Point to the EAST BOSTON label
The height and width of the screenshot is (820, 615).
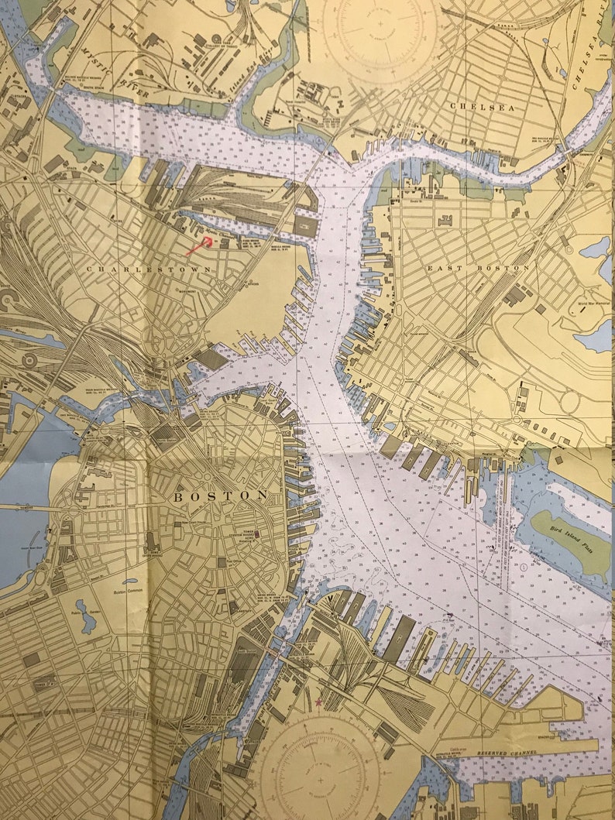click(478, 268)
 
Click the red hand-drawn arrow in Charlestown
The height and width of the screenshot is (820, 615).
click(200, 246)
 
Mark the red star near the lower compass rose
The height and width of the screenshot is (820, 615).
click(318, 702)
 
